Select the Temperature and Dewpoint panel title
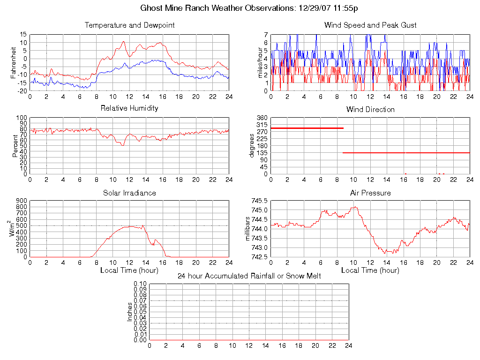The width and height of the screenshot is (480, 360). point(129,25)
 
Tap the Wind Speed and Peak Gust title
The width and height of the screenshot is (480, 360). point(370,25)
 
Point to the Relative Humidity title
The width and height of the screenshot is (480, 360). point(129,108)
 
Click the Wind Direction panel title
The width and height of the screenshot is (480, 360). point(370,109)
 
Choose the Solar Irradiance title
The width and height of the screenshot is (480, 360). point(129,193)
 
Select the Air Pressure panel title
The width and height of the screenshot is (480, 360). point(370,193)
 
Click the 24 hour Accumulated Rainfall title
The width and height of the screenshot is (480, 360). point(249,276)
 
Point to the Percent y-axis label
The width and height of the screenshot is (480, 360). point(15,145)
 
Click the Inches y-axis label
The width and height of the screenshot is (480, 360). point(130,312)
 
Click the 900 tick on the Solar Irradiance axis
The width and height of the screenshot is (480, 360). point(22,201)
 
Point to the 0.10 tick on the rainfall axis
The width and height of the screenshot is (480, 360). point(140,284)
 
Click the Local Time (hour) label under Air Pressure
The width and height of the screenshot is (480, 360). point(370,270)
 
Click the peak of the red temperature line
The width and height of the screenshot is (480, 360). point(123,41)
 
